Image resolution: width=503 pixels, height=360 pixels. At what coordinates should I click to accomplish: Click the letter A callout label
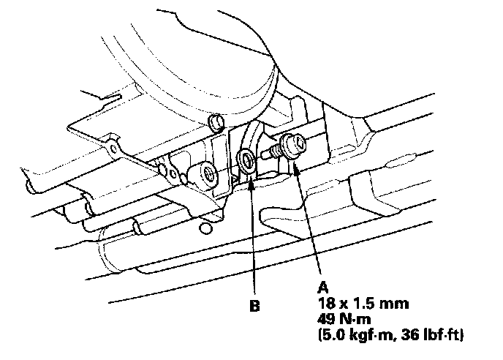pos(322,288)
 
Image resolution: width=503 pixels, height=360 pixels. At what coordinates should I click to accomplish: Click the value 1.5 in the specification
pos(355,301)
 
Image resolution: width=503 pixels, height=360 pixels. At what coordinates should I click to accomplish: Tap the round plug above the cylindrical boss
pos(215,121)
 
